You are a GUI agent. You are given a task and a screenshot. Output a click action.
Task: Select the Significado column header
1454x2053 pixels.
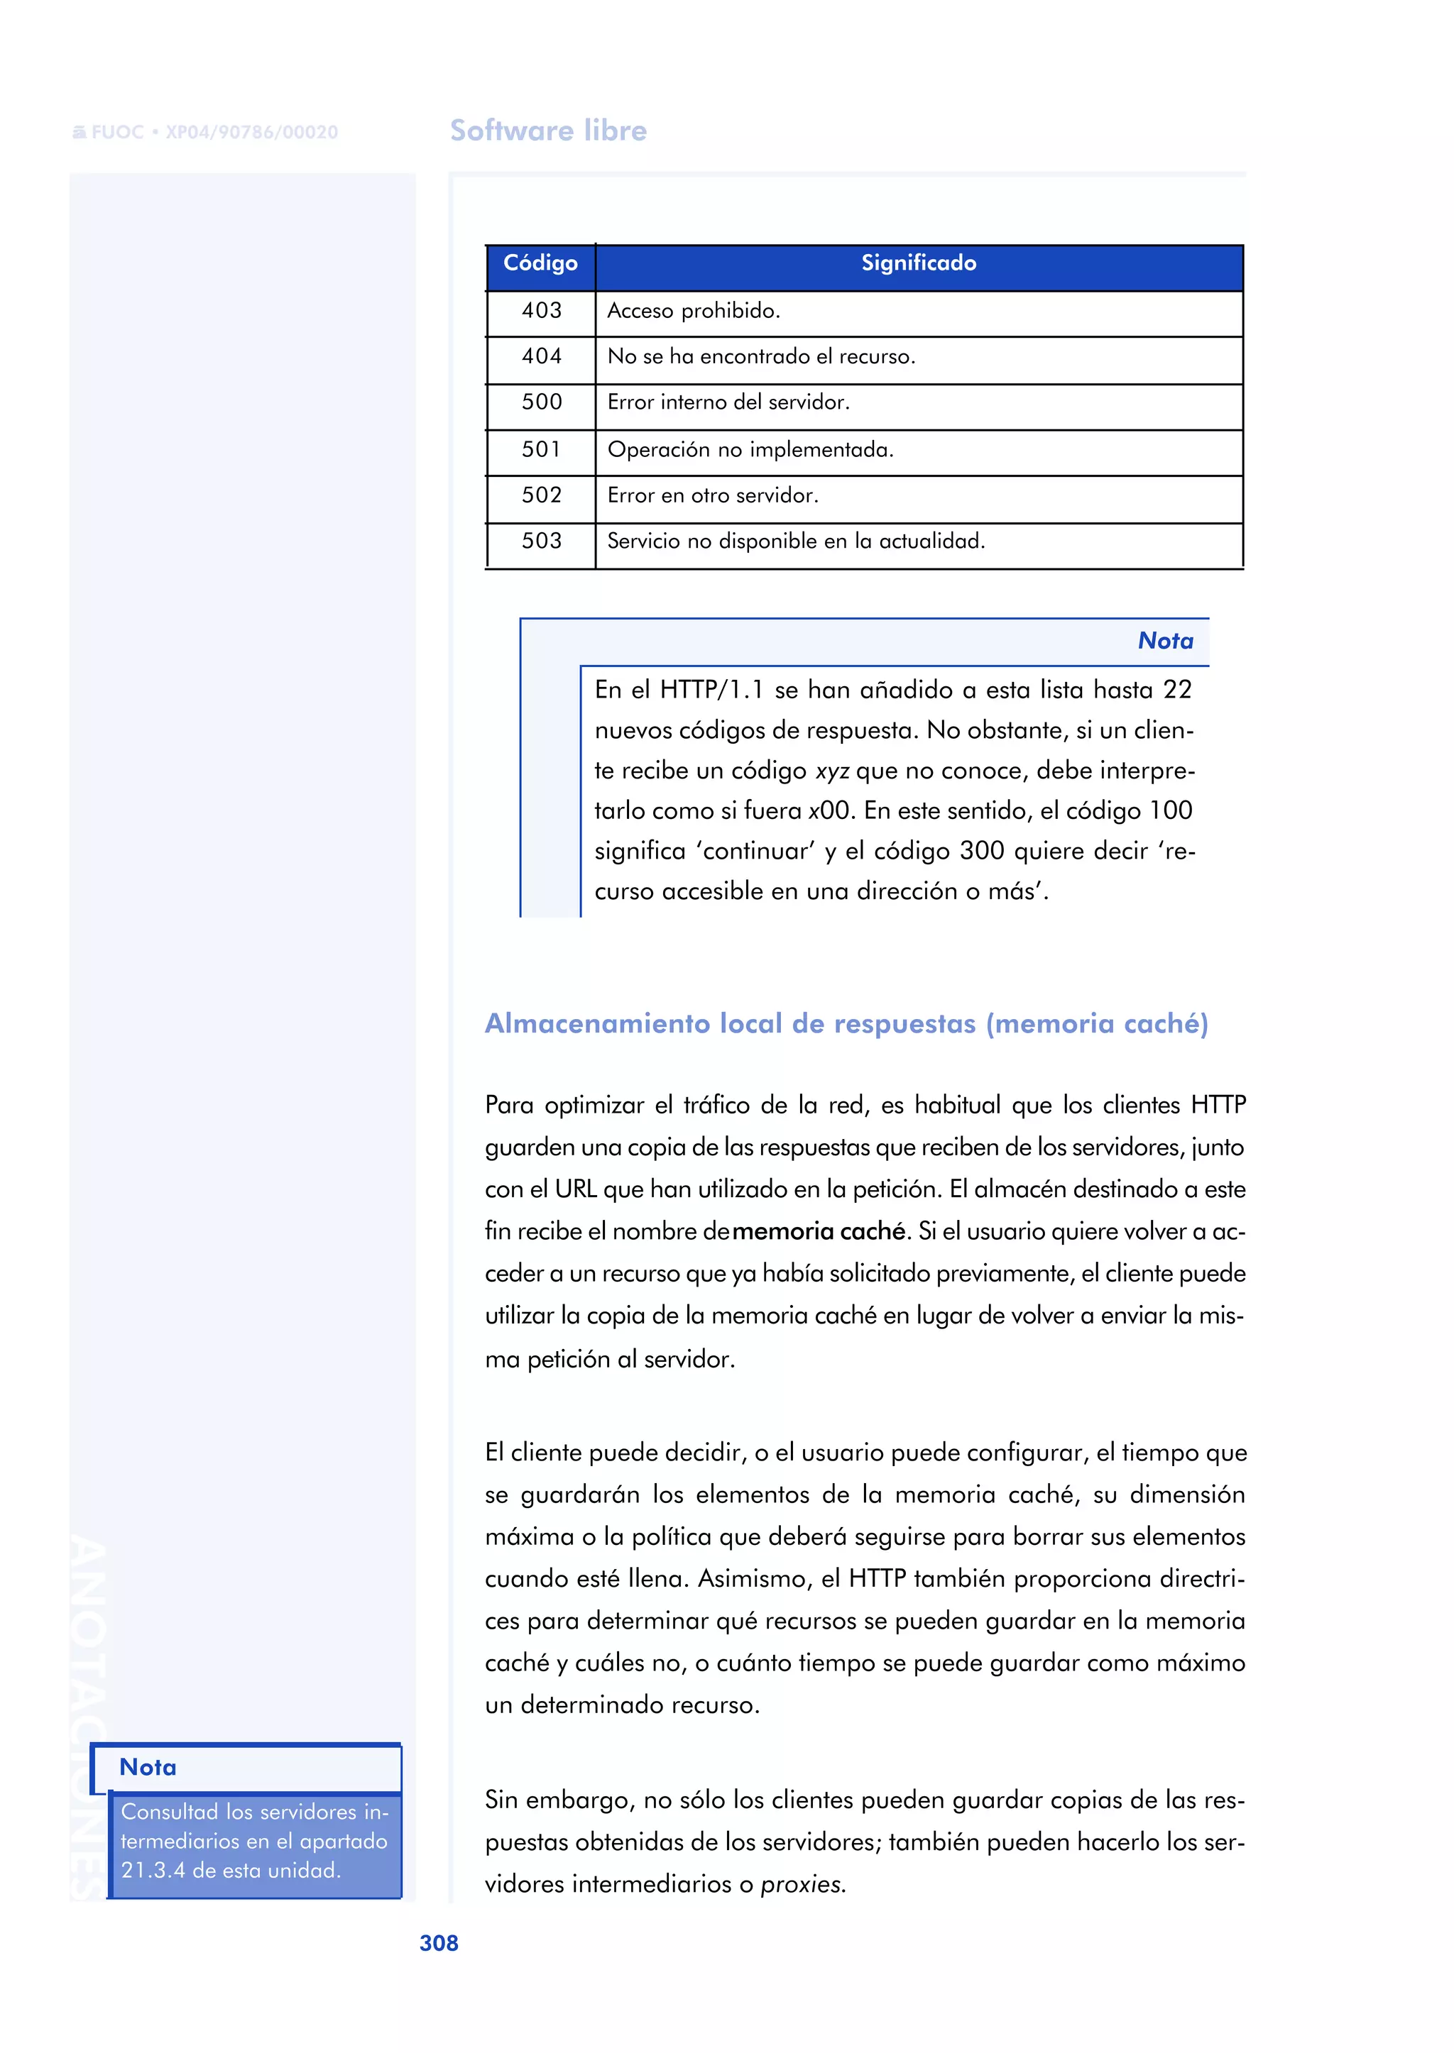918,263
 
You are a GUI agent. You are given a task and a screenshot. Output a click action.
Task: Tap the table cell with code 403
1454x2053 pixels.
542,311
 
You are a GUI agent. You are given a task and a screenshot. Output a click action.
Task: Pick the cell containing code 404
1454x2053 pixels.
542,356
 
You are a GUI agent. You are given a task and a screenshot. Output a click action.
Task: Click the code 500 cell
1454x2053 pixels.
542,402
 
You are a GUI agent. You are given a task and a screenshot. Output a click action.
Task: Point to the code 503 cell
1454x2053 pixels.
542,541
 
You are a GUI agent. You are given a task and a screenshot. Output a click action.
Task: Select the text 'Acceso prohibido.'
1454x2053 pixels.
694,311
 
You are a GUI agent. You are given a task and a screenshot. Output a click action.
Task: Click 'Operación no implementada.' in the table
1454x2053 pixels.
750,449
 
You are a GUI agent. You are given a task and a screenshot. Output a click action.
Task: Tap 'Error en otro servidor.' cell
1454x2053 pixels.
713,495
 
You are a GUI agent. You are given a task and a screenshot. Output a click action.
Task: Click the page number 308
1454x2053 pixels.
439,1943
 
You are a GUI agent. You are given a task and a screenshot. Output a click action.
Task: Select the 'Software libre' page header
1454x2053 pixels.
548,131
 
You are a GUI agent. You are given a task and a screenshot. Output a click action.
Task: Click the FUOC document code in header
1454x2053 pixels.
206,133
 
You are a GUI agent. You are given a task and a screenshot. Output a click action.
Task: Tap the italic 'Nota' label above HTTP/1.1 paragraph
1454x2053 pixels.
1165,641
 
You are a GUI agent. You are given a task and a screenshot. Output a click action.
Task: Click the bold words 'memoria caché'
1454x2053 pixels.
819,1231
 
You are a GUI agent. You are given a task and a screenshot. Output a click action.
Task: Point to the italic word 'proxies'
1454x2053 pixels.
802,1884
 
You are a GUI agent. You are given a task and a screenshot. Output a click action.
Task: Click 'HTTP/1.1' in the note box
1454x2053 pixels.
711,690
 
